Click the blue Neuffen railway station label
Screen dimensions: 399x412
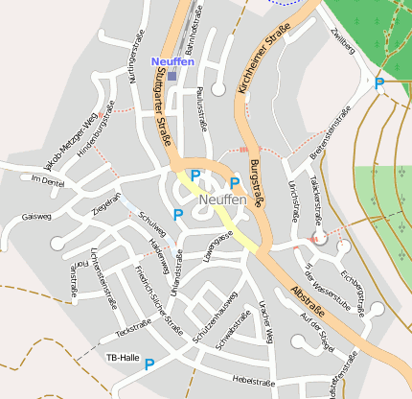pos(172,61)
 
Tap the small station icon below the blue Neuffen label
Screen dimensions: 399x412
pos(172,75)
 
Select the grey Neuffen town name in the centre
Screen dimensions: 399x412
pos(223,200)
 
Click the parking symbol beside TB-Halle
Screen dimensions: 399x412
pos(149,364)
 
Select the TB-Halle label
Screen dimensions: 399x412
pos(121,357)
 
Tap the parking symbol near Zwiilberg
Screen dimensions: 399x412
pos(379,84)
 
